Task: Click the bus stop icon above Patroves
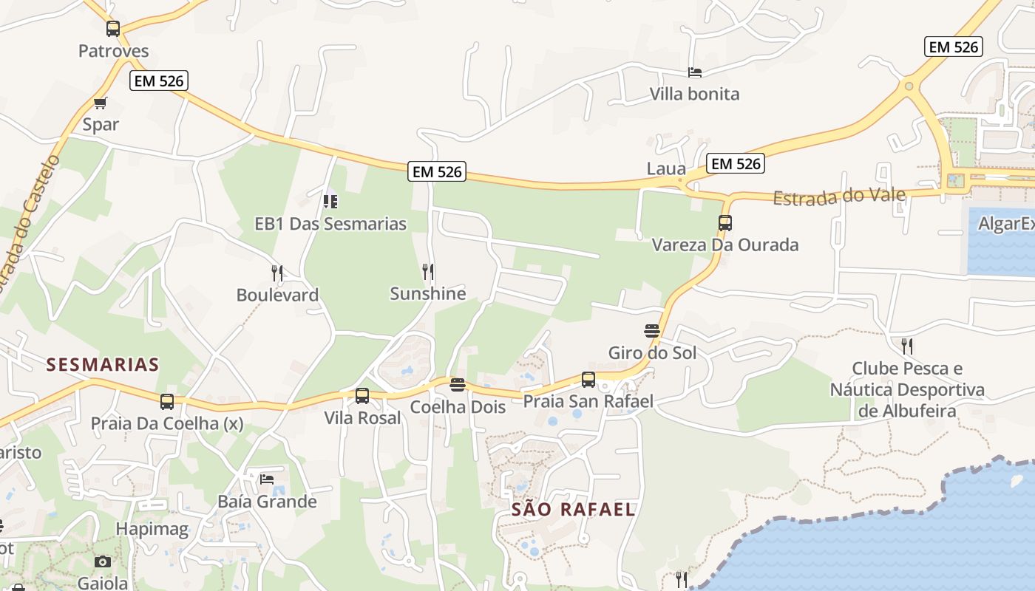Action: pyautogui.click(x=112, y=29)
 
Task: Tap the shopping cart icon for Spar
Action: pyautogui.click(x=101, y=103)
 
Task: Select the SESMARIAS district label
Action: pyautogui.click(x=103, y=364)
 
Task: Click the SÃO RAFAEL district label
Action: pyautogui.click(x=574, y=509)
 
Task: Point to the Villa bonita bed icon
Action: pyautogui.click(x=694, y=72)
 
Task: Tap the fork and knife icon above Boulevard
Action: pyautogui.click(x=277, y=273)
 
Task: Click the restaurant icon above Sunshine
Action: pyautogui.click(x=427, y=272)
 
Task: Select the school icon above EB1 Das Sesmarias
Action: pyautogui.click(x=330, y=201)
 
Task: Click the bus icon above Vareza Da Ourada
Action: pyautogui.click(x=724, y=223)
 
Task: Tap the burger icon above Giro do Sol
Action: pyautogui.click(x=651, y=330)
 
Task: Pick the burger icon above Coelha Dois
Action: pyautogui.click(x=458, y=385)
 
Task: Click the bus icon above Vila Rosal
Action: pyautogui.click(x=362, y=396)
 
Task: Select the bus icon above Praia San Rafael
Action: pyautogui.click(x=588, y=380)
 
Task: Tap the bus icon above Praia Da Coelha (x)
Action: pyautogui.click(x=167, y=402)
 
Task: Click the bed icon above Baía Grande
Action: pyautogui.click(x=267, y=479)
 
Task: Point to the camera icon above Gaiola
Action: pyautogui.click(x=103, y=561)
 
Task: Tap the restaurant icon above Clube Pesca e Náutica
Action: pyautogui.click(x=907, y=346)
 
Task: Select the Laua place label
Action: pyautogui.click(x=666, y=168)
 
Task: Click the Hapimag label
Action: pyautogui.click(x=152, y=529)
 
